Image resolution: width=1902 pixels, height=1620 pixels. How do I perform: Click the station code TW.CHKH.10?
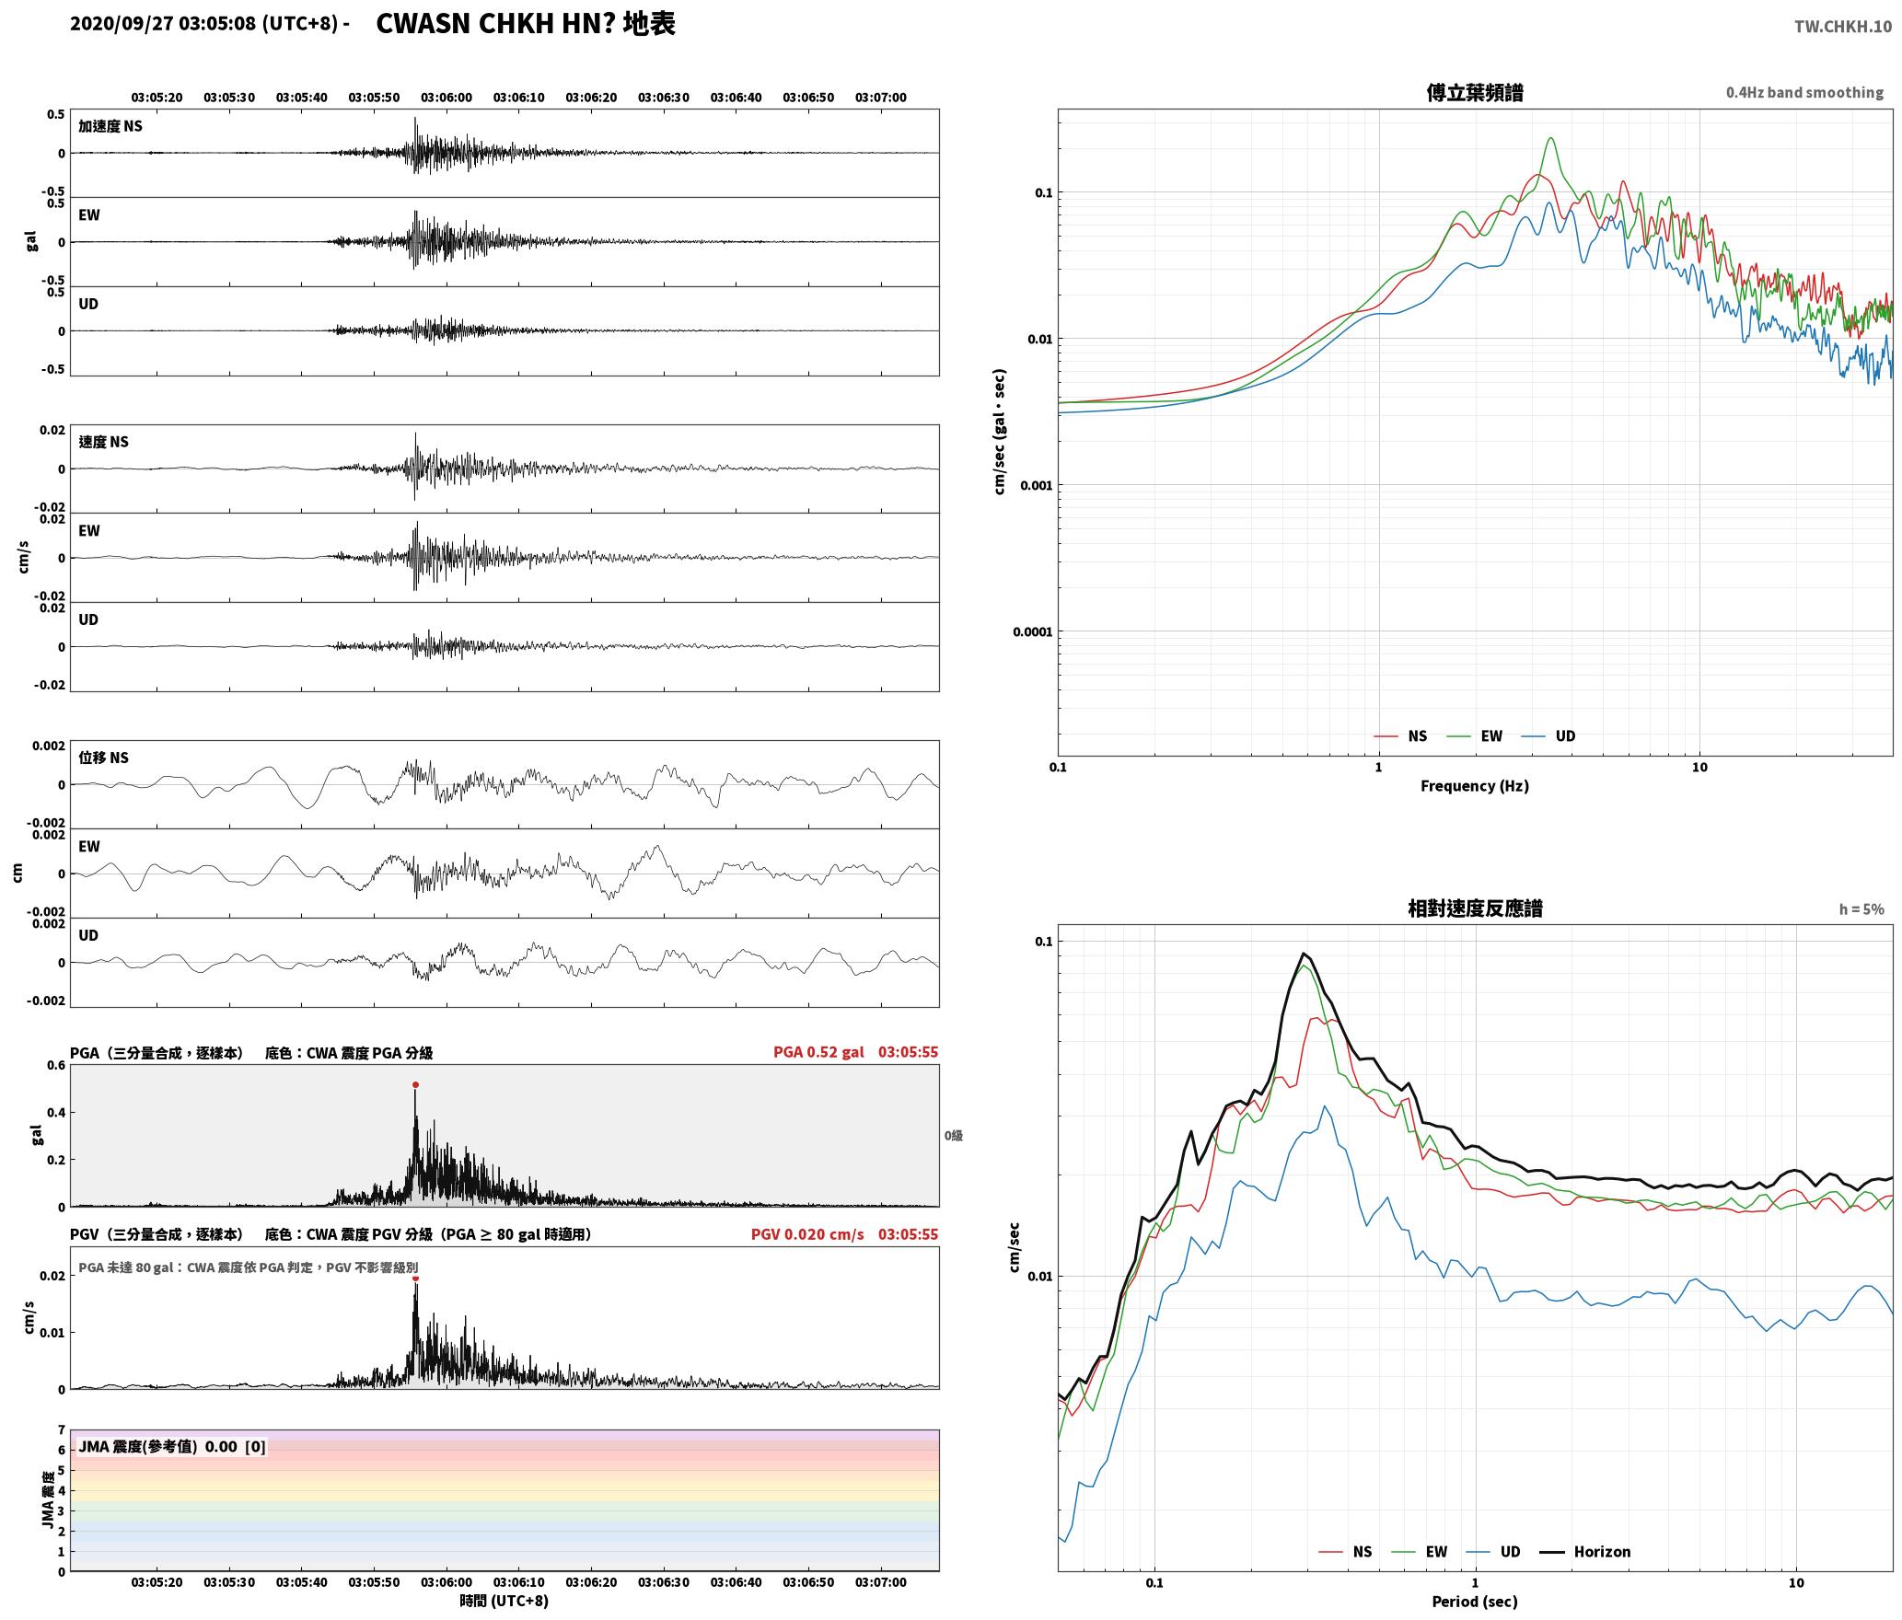coord(1842,27)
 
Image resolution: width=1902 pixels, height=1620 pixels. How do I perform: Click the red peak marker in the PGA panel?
coord(415,1085)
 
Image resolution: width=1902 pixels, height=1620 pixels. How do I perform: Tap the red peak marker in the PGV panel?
coord(415,1278)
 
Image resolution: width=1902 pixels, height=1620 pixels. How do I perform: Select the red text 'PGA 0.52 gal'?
coord(818,1052)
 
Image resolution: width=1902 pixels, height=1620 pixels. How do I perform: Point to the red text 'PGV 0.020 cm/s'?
coord(807,1234)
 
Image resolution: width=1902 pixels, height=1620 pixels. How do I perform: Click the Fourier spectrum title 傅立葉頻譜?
coord(1475,93)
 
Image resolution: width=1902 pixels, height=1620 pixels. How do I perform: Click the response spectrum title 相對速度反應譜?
coord(1475,908)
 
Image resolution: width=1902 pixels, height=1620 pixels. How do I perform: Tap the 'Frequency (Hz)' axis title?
coord(1475,786)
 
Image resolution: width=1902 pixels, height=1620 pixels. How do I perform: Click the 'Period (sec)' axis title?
coord(1475,1602)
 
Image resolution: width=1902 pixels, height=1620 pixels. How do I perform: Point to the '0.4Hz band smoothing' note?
coord(1804,93)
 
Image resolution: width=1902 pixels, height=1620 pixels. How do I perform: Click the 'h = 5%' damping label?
coord(1861,909)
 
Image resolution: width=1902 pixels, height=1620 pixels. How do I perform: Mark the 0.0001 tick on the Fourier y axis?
coord(1032,632)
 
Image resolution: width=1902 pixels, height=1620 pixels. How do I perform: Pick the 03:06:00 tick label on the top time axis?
coord(447,98)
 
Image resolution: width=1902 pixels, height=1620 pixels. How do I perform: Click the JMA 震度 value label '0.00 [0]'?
coord(235,1447)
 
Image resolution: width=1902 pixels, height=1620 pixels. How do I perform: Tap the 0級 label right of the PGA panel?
coord(953,1136)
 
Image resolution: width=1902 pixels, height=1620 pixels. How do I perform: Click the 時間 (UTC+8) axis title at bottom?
coord(504,1601)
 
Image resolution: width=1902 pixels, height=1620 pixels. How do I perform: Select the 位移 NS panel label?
coord(104,758)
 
